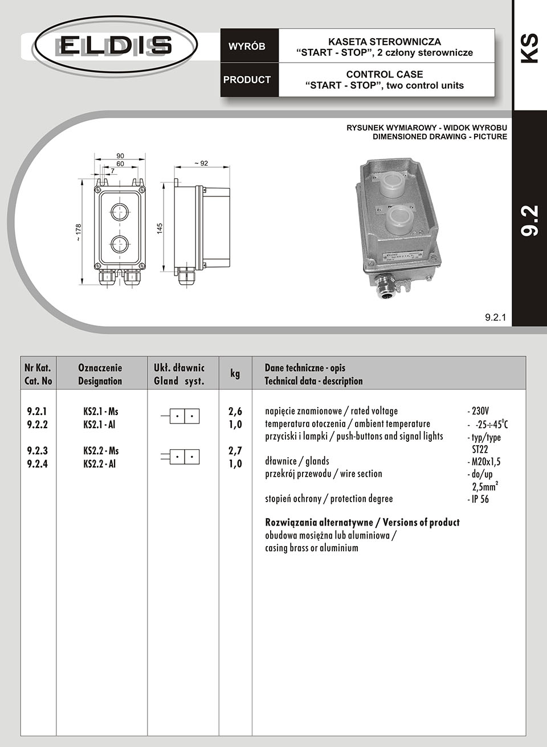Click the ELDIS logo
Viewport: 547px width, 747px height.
116,45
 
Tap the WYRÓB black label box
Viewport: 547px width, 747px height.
247,47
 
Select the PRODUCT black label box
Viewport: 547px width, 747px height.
247,80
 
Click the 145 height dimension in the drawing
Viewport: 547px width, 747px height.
160,228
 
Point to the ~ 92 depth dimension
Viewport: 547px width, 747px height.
201,163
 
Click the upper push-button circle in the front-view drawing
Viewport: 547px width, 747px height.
120,212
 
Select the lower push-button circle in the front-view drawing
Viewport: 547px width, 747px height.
120,244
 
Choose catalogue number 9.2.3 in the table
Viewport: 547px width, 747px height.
37,451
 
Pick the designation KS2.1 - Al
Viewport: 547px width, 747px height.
100,425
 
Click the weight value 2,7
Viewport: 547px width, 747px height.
235,451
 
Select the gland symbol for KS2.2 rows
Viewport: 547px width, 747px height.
183,457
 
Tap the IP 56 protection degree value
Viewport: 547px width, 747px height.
479,499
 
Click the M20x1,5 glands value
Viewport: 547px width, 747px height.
485,462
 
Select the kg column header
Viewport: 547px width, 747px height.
235,374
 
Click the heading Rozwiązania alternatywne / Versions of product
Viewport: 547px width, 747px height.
362,522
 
